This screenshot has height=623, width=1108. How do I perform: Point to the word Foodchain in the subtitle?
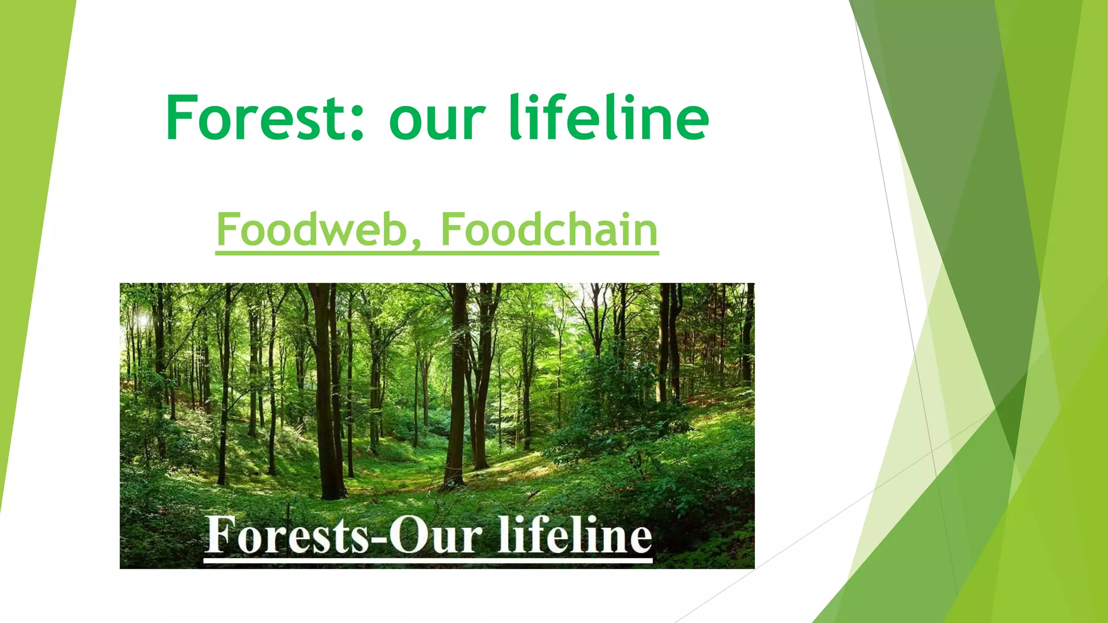(549, 229)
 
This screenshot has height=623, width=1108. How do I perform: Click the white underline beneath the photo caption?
(427, 561)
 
